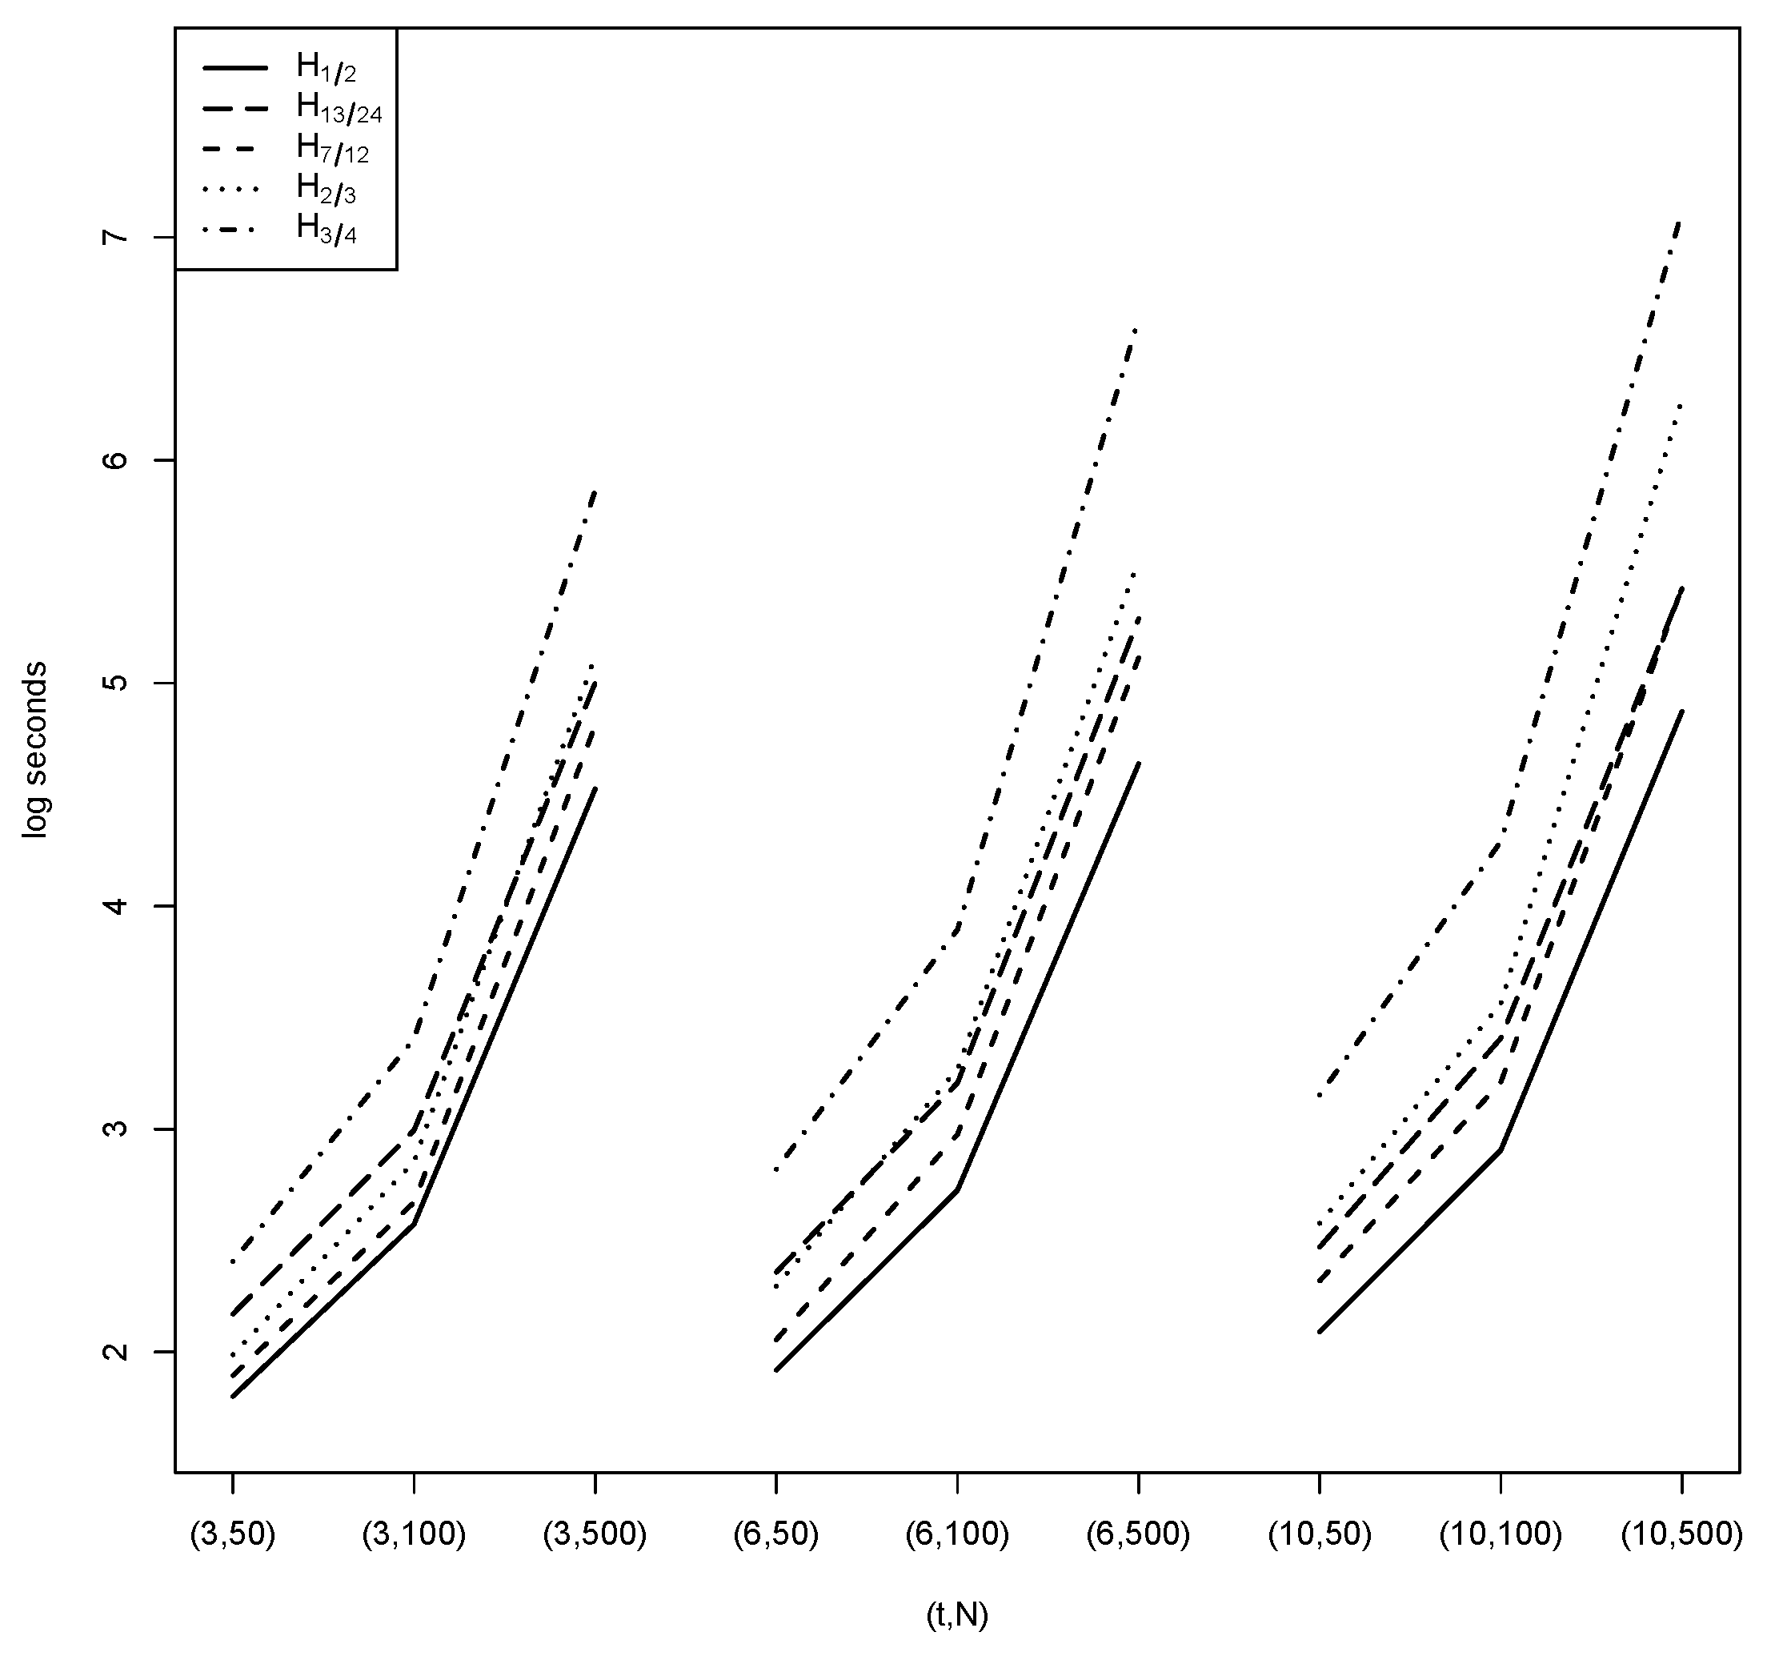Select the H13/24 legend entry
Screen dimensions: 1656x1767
pyautogui.click(x=338, y=108)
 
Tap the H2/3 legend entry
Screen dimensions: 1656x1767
pyautogui.click(x=326, y=190)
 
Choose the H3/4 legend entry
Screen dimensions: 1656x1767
pyautogui.click(x=326, y=231)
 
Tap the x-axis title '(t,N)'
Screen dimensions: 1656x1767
pyautogui.click(x=956, y=1615)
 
